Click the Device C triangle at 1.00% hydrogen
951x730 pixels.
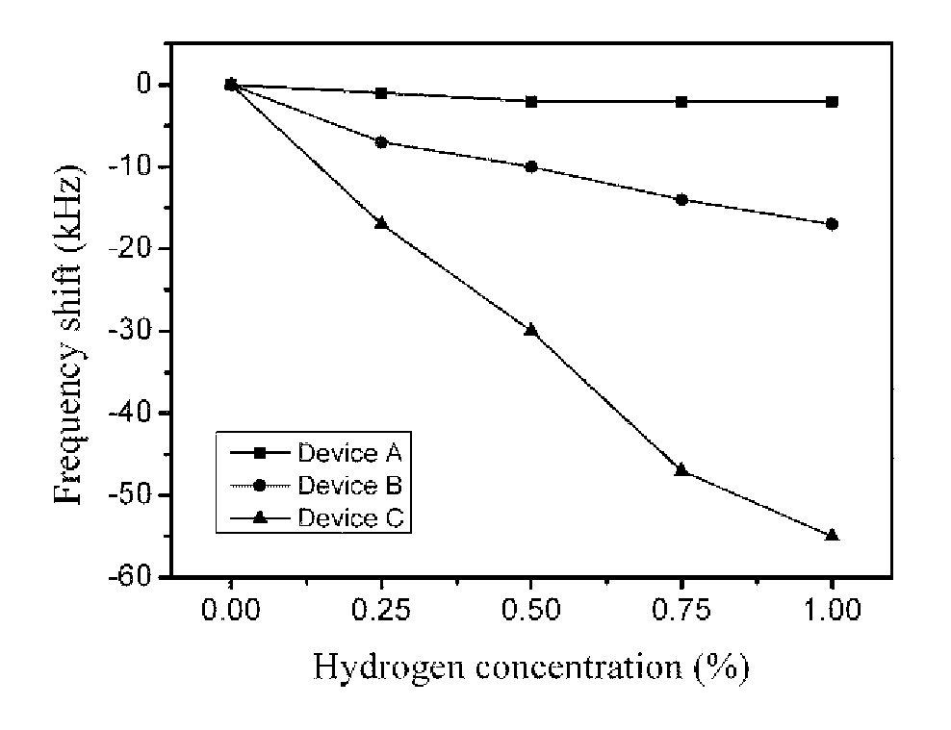click(x=832, y=535)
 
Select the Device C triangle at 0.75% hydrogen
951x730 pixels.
click(x=681, y=469)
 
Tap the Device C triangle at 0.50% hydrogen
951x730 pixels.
click(x=531, y=330)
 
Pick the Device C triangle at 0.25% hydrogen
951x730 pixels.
click(x=381, y=223)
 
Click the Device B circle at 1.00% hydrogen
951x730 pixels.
click(x=832, y=224)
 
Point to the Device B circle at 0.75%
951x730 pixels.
click(x=681, y=199)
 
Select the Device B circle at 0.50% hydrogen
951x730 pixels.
click(x=531, y=166)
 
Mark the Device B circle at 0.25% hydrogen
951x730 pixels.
click(x=381, y=142)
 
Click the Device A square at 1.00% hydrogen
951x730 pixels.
click(x=832, y=101)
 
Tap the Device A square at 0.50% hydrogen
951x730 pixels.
click(x=531, y=101)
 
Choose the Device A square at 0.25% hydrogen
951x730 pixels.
click(x=381, y=93)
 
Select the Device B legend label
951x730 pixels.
click(x=350, y=486)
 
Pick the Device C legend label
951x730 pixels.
click(x=350, y=518)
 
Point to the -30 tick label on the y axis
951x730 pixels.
click(x=129, y=331)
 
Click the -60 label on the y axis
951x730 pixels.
click(x=129, y=577)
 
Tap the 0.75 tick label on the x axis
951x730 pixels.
click(x=681, y=610)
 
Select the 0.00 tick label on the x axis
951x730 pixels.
click(x=230, y=610)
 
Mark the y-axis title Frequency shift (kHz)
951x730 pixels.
click(x=68, y=334)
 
